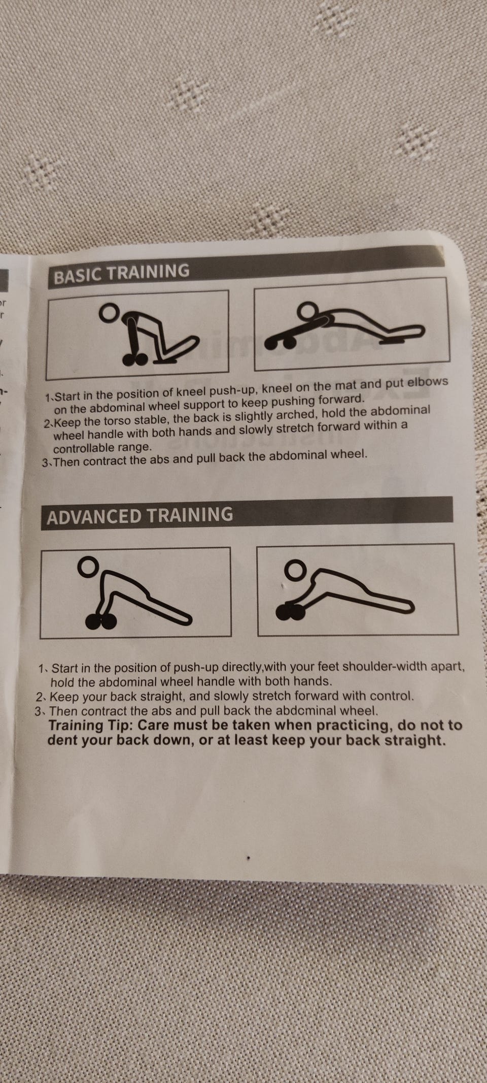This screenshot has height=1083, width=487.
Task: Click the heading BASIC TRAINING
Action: (121, 273)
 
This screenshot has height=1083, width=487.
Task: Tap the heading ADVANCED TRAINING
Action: (140, 515)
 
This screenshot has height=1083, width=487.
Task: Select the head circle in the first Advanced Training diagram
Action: (88, 567)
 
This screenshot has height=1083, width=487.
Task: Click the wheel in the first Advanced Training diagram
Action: (100, 620)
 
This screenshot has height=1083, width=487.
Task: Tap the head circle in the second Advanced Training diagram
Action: (295, 570)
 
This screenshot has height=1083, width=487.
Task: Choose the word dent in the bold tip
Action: (62, 740)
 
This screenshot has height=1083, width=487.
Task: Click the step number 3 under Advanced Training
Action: (38, 711)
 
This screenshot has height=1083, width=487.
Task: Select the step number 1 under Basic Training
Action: (48, 398)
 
